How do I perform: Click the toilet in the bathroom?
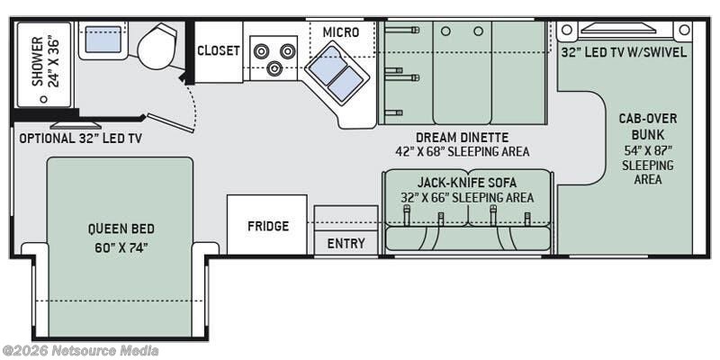(x=157, y=45)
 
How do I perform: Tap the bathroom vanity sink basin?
(x=103, y=39)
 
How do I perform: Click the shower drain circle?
(x=43, y=99)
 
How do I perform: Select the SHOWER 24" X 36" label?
(x=46, y=61)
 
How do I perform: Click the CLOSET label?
(x=219, y=50)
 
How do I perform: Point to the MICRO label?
(x=341, y=32)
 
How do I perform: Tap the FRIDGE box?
(x=267, y=224)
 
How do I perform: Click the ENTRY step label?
(x=346, y=243)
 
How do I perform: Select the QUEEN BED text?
(x=121, y=229)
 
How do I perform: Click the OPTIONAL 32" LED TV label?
(x=80, y=139)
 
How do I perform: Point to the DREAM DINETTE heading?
(x=463, y=138)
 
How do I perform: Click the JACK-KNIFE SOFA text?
(x=467, y=183)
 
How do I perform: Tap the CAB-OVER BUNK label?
(x=647, y=127)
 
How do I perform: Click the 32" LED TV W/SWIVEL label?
(x=624, y=52)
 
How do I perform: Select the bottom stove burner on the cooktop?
(x=274, y=68)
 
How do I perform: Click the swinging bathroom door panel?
(x=170, y=123)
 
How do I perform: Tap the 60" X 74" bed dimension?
(x=121, y=248)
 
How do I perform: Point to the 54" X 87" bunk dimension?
(x=647, y=150)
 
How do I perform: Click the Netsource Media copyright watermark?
(x=79, y=351)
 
